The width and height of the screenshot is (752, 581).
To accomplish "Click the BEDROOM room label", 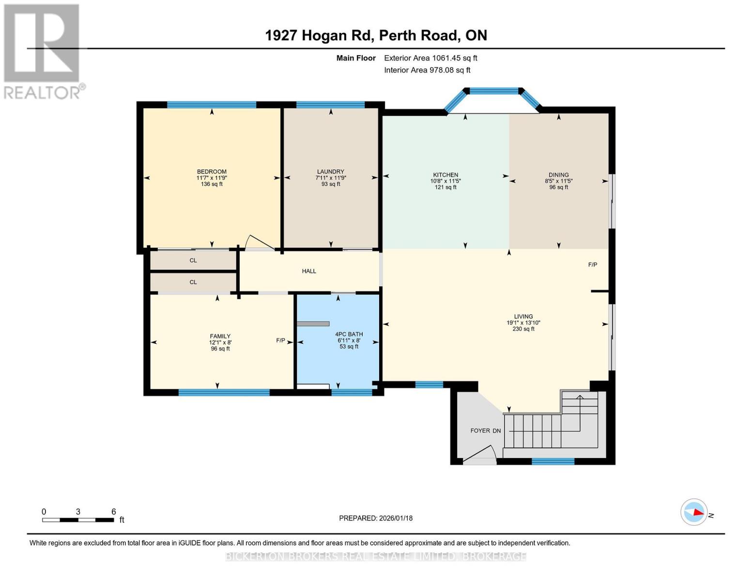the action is click(x=212, y=171).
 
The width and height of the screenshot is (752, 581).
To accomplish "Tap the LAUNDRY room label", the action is click(x=331, y=171).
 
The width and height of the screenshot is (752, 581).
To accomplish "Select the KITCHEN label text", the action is click(x=445, y=175).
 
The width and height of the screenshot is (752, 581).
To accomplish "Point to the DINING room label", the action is click(x=558, y=175).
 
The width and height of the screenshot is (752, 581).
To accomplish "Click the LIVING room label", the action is click(x=523, y=316).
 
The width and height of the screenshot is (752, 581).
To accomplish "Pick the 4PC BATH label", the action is click(x=349, y=334).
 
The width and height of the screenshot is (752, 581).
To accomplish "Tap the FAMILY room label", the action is click(x=220, y=336).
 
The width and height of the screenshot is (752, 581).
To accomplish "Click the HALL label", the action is click(x=308, y=271).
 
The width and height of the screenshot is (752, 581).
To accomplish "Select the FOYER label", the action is click(x=480, y=430).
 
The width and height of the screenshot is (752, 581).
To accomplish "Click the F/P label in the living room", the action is click(x=593, y=265).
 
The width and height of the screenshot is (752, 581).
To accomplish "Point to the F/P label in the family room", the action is click(x=280, y=340).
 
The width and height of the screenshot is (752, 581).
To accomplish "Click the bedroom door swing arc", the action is click(x=260, y=242).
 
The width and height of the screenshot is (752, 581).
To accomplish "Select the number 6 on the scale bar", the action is click(x=113, y=511).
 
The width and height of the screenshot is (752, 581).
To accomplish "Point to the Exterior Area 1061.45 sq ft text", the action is click(x=430, y=58).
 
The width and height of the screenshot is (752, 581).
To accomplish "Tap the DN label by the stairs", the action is click(x=497, y=430).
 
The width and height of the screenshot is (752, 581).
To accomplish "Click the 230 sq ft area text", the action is click(x=523, y=329).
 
